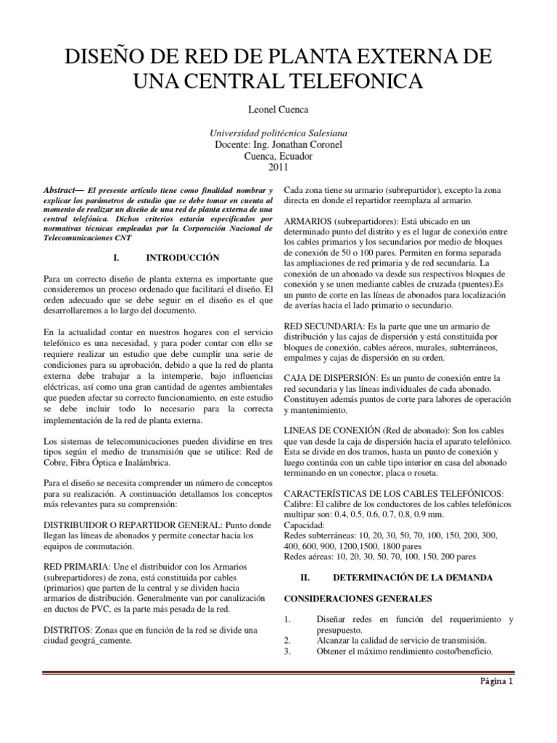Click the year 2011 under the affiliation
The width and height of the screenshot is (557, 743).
[278, 167]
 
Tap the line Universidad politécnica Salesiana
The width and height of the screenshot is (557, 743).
[278, 134]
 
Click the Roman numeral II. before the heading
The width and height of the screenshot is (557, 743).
[305, 578]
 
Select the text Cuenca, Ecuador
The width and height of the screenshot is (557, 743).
[278, 156]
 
